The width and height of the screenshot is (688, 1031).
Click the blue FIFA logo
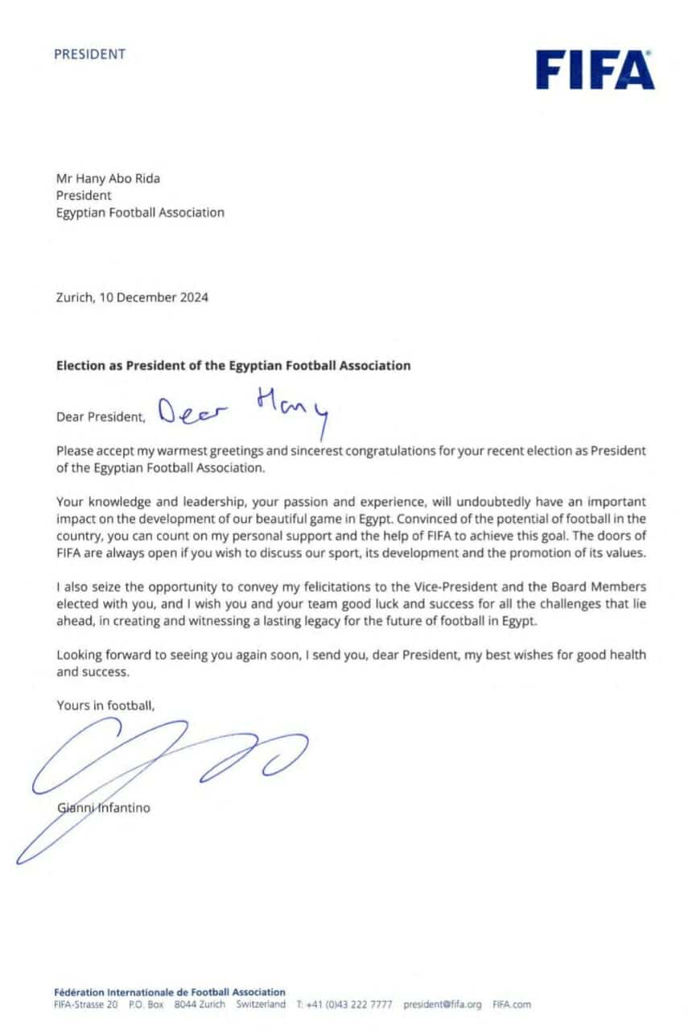595,69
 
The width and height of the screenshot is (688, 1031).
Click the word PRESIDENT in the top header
89,55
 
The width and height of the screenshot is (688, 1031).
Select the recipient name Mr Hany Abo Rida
108,178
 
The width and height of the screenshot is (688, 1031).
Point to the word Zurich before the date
74,297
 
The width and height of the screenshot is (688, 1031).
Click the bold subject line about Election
233,365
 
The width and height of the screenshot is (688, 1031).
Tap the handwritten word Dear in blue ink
192,412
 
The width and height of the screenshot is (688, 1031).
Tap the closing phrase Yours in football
105,706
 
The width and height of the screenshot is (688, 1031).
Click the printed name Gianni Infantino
103,807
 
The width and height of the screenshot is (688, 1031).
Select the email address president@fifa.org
442,1004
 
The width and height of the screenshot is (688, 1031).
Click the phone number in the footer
348,1004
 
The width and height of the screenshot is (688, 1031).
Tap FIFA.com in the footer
512,1004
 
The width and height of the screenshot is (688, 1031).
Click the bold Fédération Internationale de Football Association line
169,992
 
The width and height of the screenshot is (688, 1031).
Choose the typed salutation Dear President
101,417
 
